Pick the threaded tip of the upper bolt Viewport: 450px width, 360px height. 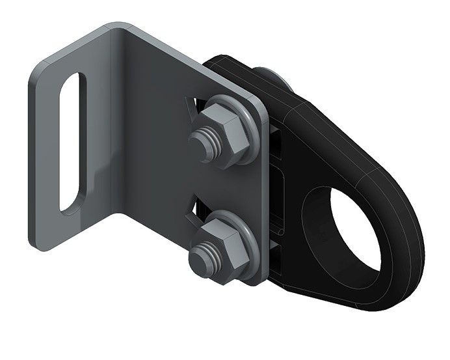(200, 143)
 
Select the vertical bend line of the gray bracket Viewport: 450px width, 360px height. (124, 130)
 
